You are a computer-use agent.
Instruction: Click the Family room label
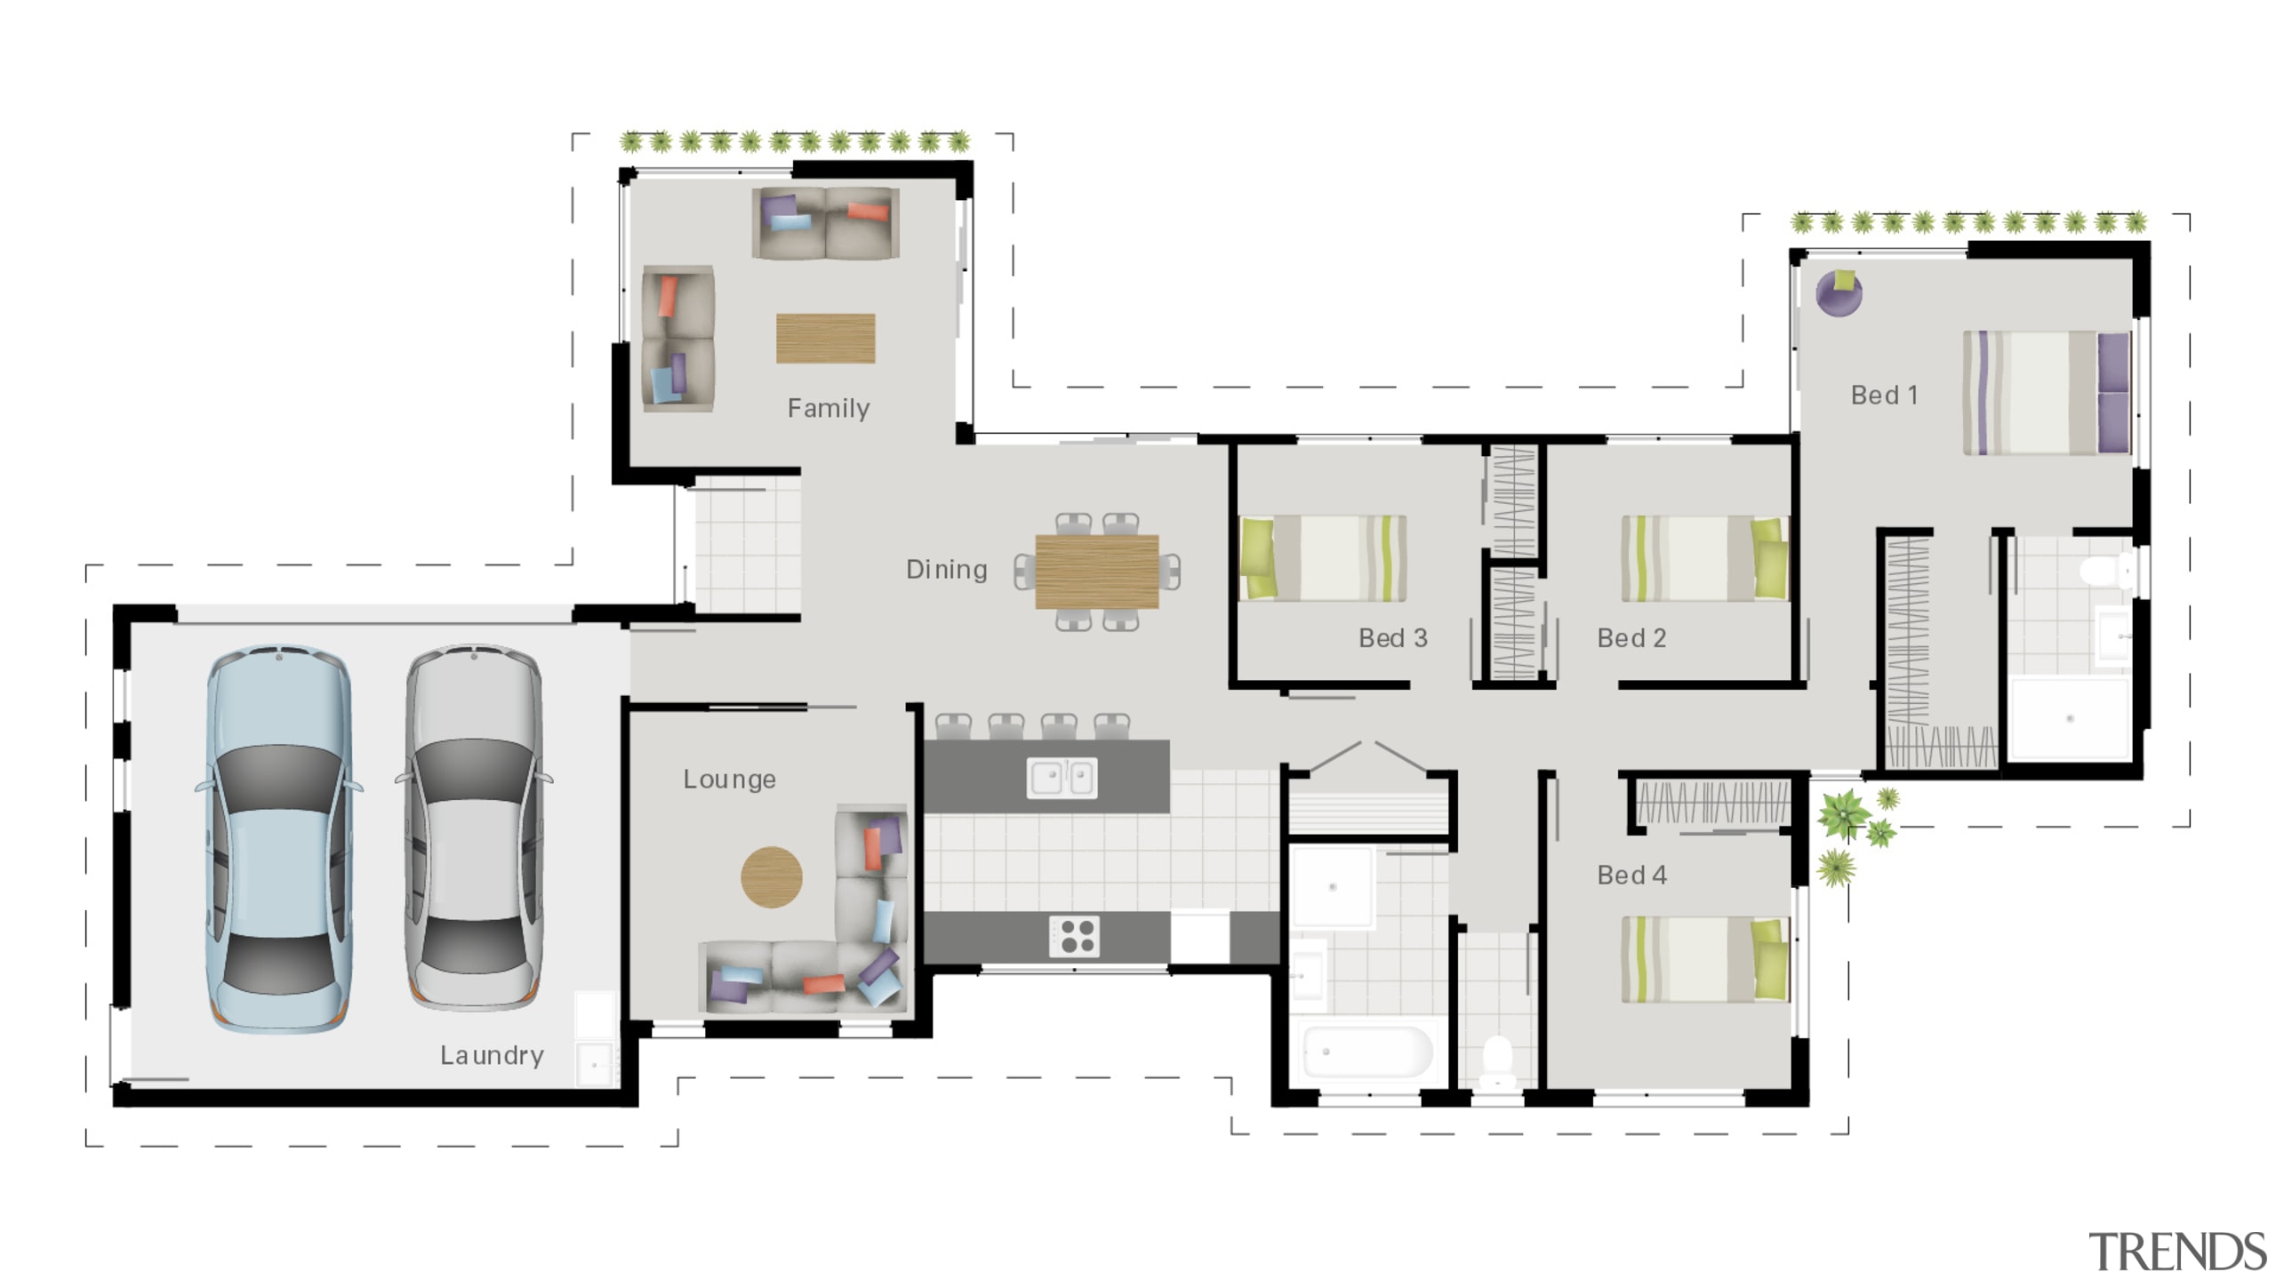click(828, 408)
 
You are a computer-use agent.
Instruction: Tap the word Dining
click(946, 570)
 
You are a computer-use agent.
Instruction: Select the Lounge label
click(729, 780)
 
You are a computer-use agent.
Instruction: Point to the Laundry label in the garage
click(492, 1055)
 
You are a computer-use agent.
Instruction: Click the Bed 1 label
click(1884, 395)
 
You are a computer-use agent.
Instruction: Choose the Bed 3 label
click(1392, 638)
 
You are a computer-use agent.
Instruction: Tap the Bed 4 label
click(1631, 876)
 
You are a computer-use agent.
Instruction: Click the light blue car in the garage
click(279, 838)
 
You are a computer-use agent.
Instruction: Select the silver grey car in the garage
click(474, 827)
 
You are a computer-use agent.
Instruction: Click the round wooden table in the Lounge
click(772, 877)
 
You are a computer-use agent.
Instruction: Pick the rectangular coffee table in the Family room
click(825, 338)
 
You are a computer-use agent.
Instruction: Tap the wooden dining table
click(1097, 572)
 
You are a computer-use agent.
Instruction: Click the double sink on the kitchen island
click(1062, 778)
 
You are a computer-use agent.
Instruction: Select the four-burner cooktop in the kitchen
click(1075, 936)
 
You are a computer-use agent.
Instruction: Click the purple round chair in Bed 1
click(1839, 293)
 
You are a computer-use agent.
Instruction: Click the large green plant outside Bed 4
click(1843, 812)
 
